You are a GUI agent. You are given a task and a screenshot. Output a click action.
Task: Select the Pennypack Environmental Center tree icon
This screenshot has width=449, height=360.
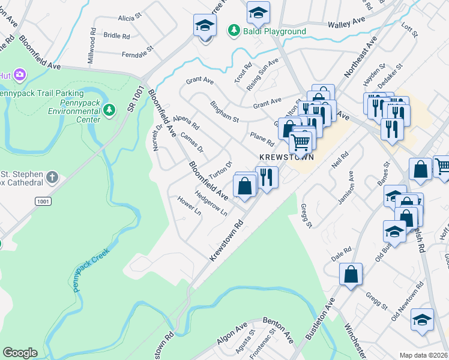(109, 109)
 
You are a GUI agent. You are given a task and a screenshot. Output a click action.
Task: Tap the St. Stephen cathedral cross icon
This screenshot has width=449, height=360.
(53, 177)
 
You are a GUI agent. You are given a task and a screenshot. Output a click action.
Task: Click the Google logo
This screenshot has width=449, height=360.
(20, 353)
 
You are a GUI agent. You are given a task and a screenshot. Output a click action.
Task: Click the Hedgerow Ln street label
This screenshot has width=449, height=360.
(211, 203)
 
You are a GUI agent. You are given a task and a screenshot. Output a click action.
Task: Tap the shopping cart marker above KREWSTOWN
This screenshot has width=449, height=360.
(300, 142)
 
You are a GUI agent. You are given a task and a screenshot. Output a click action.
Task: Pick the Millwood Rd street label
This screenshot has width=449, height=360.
(92, 46)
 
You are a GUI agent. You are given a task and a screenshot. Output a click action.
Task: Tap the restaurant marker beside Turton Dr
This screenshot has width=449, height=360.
(267, 177)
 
